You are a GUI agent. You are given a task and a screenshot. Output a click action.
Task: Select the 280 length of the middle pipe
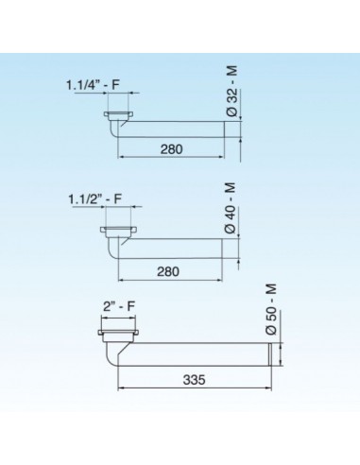[168, 270]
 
